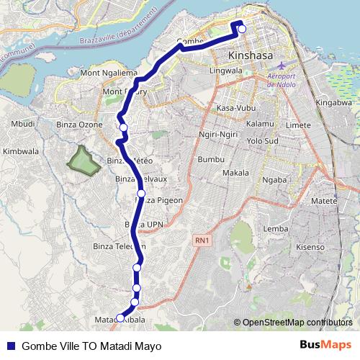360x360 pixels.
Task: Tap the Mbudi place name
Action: click(x=23, y=124)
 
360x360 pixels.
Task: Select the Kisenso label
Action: click(x=310, y=246)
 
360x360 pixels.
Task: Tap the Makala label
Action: click(x=235, y=174)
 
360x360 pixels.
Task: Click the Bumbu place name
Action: click(x=212, y=158)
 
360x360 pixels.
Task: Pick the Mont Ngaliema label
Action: click(x=108, y=73)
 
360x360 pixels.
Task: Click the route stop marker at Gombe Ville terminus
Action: click(x=242, y=29)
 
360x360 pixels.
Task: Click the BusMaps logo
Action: click(x=325, y=345)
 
